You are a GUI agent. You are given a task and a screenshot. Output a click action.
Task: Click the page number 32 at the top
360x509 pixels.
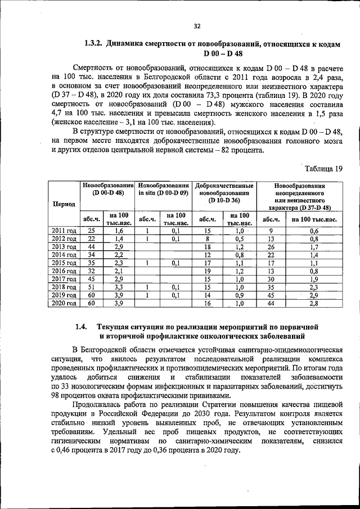pos(196,25)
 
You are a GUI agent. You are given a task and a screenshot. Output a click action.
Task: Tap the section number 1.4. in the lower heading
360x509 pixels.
pos(82,327)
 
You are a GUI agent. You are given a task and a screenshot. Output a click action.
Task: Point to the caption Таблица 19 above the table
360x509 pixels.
pos(323,168)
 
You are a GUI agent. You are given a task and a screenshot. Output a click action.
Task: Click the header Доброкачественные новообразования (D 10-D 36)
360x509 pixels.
pos(224,192)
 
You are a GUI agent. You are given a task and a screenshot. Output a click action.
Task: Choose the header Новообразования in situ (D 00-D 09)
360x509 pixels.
pos(163,189)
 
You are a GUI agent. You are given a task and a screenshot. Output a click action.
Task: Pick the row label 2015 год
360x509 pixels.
pos(64,262)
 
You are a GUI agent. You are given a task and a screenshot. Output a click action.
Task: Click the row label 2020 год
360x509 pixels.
pos(64,303)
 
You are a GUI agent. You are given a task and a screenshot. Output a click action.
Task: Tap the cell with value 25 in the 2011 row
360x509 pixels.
pos(91,231)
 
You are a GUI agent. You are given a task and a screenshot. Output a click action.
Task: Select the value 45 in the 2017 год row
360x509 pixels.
pos(91,279)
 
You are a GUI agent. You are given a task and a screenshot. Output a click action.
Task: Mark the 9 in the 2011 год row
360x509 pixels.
pos(271,231)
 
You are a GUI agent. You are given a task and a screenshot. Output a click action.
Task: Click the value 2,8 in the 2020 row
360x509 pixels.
pos(314,303)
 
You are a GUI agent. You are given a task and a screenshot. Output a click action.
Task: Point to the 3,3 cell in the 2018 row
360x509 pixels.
pos(119,287)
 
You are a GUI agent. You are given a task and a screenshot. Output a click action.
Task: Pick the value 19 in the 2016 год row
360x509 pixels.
pos(207,271)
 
